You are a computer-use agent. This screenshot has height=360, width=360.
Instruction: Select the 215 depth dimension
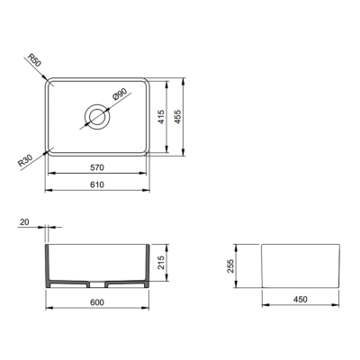(x=160, y=261)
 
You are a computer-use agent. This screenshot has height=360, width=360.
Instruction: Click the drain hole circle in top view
(x=95, y=116)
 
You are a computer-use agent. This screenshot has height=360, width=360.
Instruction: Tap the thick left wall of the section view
(x=49, y=265)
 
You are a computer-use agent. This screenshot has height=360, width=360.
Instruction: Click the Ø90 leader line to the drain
(x=106, y=106)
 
